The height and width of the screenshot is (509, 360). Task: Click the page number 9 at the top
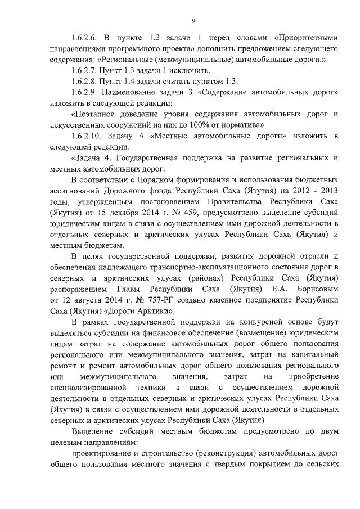click(192, 21)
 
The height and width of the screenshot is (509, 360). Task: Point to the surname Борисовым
click(316, 290)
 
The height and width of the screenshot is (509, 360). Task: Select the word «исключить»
click(175, 70)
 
